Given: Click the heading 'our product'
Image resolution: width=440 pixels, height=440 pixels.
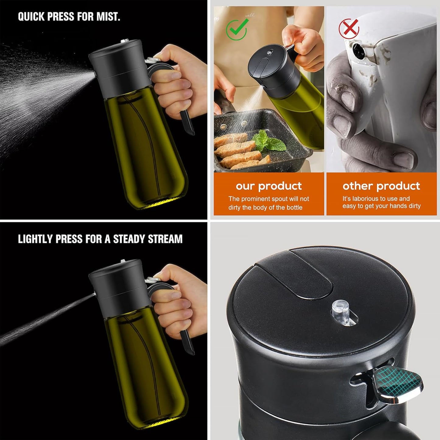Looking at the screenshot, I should point(269,186).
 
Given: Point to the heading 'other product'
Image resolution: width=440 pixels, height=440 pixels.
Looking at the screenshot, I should point(381,186).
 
